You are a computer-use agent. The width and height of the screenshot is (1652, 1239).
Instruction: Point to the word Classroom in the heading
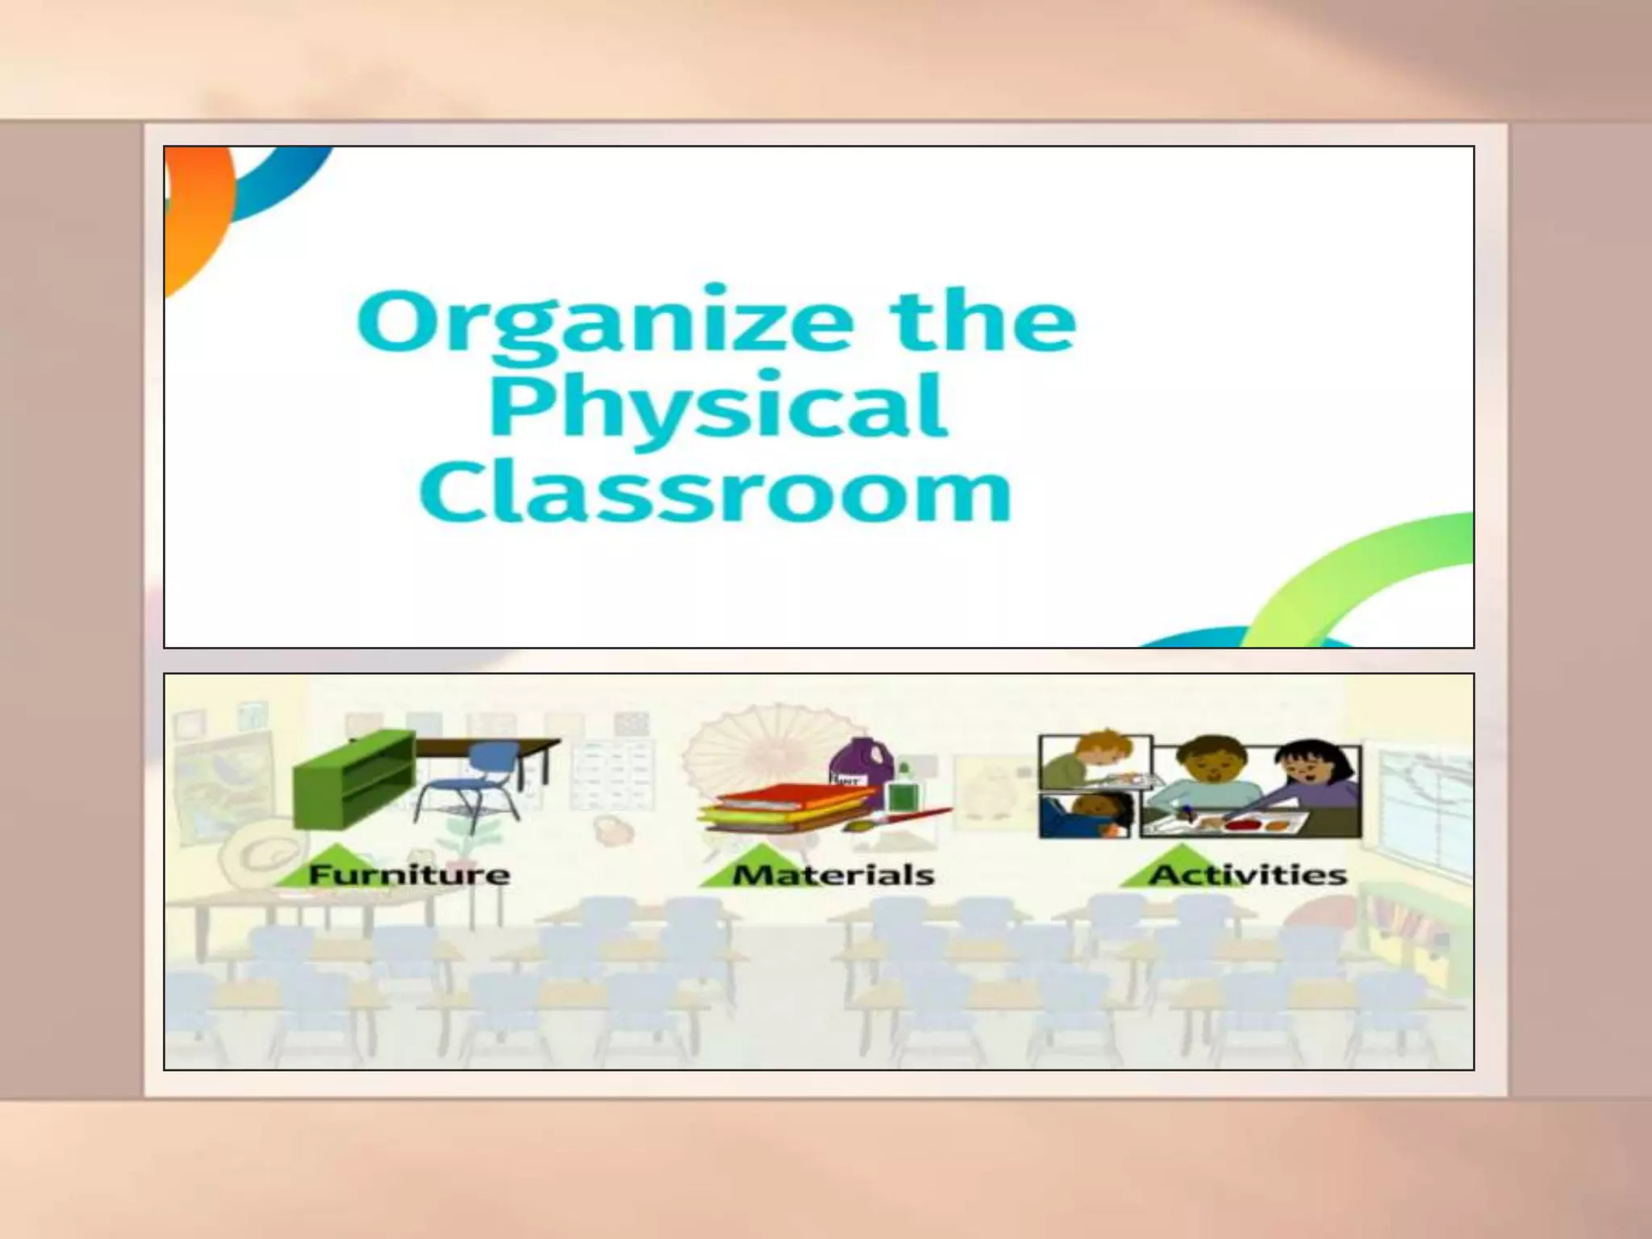tap(715, 492)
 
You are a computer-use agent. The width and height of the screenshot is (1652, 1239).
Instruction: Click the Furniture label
tap(409, 874)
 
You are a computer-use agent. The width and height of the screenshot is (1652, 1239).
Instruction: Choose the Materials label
tap(833, 874)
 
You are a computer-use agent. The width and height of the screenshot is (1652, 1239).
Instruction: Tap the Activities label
tap(1248, 874)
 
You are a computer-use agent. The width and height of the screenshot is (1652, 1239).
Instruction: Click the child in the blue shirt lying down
tap(1087, 815)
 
